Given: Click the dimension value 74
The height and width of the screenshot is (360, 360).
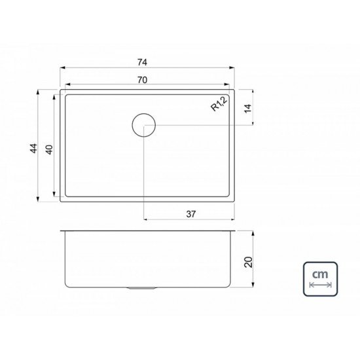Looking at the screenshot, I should click(142, 62).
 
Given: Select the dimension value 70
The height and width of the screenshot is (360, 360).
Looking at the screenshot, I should click(142, 79).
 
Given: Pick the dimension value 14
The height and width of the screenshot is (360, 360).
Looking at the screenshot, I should click(247, 109).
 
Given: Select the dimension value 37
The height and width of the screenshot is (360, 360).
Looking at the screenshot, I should click(190, 213).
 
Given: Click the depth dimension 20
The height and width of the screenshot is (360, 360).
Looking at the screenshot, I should click(247, 261).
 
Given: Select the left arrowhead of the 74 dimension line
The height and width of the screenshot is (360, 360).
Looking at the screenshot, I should click(63, 68).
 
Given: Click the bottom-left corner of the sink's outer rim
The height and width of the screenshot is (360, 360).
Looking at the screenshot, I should click(61, 201).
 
